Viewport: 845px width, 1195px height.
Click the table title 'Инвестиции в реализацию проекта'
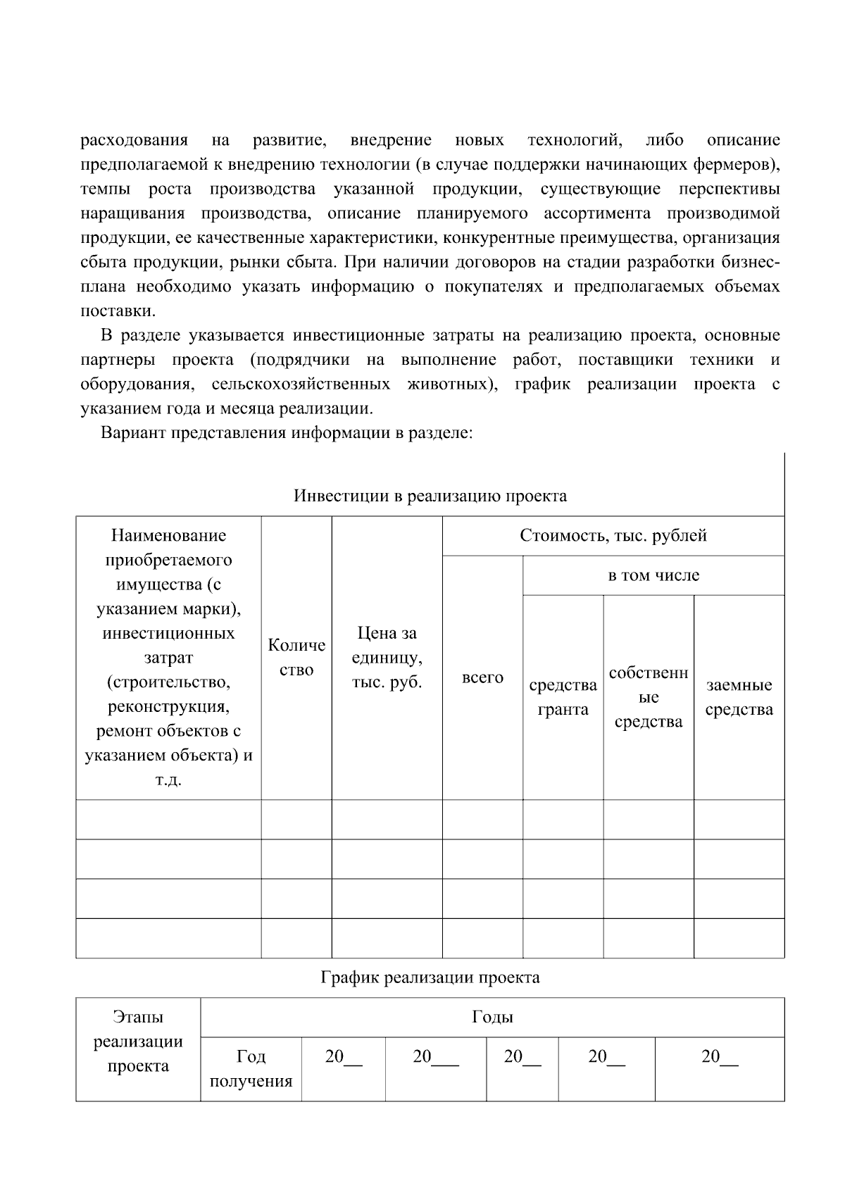click(x=430, y=496)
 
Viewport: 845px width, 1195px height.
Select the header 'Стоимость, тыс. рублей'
click(x=613, y=536)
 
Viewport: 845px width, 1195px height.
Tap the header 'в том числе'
click(x=653, y=575)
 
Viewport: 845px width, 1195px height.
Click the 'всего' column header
click(x=482, y=677)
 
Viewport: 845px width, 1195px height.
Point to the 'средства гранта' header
click(x=563, y=697)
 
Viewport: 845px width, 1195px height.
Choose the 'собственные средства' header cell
click(x=648, y=697)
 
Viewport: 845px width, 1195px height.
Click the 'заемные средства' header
click(x=739, y=697)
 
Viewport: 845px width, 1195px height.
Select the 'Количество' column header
click(x=296, y=657)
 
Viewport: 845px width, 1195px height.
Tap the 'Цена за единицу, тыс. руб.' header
click(x=387, y=657)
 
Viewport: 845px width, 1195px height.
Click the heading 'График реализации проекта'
click(x=430, y=977)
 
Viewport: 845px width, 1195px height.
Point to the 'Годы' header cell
click(x=492, y=1017)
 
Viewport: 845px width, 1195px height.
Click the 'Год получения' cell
click(x=251, y=1068)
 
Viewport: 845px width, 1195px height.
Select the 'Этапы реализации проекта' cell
click(x=138, y=1041)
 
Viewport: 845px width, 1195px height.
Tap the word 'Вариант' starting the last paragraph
click(x=130, y=432)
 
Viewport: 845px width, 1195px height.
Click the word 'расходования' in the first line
click(x=134, y=140)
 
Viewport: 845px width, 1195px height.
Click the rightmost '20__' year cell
click(x=719, y=1057)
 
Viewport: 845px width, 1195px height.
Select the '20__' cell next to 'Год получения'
click(x=343, y=1057)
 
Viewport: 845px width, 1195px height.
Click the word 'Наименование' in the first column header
click(x=168, y=536)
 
